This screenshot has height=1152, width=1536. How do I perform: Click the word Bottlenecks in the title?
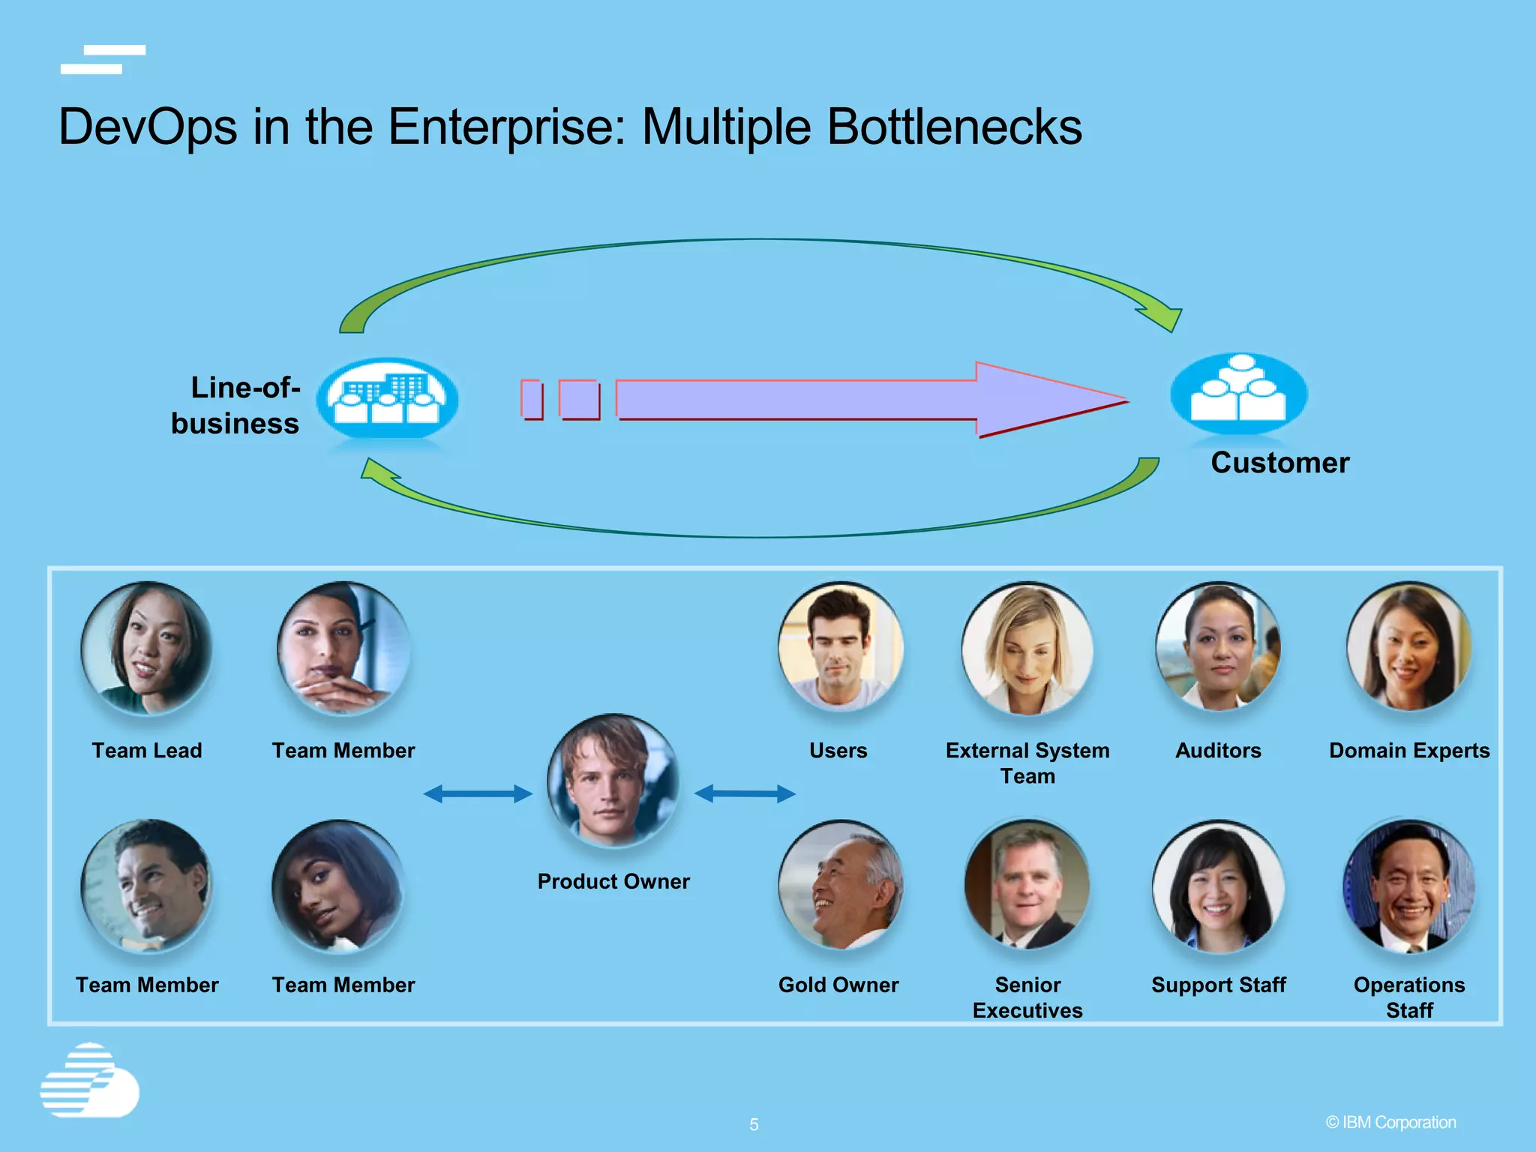pyautogui.click(x=954, y=126)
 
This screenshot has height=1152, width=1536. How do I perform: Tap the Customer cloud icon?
pyautogui.click(x=1238, y=394)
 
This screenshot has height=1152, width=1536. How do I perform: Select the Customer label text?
pyautogui.click(x=1279, y=463)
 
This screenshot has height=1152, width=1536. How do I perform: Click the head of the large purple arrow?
pyautogui.click(x=1050, y=400)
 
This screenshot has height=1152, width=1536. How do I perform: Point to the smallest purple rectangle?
pyautogui.click(x=532, y=399)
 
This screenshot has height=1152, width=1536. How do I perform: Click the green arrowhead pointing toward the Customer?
pyautogui.click(x=1161, y=316)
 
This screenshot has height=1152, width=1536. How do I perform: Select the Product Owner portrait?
pyautogui.click(x=613, y=780)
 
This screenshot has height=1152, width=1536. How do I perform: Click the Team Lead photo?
pyautogui.click(x=146, y=648)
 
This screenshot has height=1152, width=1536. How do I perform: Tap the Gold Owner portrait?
pyautogui.click(x=840, y=885)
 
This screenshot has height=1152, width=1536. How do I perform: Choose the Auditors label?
pyautogui.click(x=1218, y=750)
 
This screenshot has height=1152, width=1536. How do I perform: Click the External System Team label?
pyautogui.click(x=1027, y=763)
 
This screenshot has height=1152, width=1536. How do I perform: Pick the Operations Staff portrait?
pyautogui.click(x=1408, y=885)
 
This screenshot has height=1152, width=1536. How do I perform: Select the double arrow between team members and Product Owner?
pyautogui.click(x=478, y=793)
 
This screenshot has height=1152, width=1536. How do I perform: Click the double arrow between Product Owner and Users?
pyautogui.click(x=745, y=793)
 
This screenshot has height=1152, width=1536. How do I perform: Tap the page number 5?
pyautogui.click(x=754, y=1124)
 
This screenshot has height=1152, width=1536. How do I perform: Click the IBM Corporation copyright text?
pyautogui.click(x=1390, y=1122)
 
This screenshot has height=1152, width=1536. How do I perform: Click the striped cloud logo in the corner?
pyautogui.click(x=89, y=1080)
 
